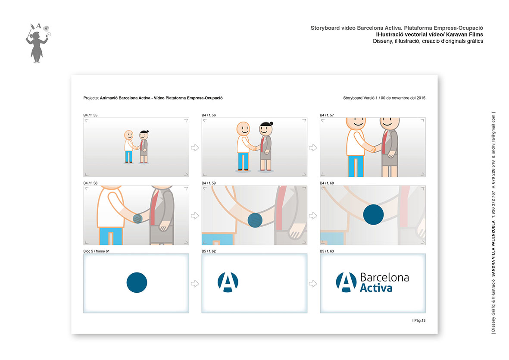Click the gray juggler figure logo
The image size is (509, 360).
pos(37,43)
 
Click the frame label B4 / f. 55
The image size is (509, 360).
pos(90,115)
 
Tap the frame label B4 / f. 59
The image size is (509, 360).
pos(209,183)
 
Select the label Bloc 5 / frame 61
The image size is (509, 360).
pos(97,251)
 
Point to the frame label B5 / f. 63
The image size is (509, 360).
pos(327,251)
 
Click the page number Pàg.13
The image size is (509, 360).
pos(419,320)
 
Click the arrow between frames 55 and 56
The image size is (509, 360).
pos(195,148)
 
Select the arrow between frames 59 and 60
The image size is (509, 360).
pos(313,216)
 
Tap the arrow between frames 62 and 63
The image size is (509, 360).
pos(313,284)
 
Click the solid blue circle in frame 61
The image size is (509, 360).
pos(137,282)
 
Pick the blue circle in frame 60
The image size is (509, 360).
pos(373,215)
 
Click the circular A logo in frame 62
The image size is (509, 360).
pos(228,282)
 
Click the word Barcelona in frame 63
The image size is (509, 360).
pos(384,278)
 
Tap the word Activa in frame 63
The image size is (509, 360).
pos(376,288)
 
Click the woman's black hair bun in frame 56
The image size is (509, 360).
pos(272,123)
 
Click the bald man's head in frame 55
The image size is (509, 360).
pos(128,135)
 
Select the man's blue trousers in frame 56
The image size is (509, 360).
pos(243,161)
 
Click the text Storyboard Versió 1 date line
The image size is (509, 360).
pos(384,98)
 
